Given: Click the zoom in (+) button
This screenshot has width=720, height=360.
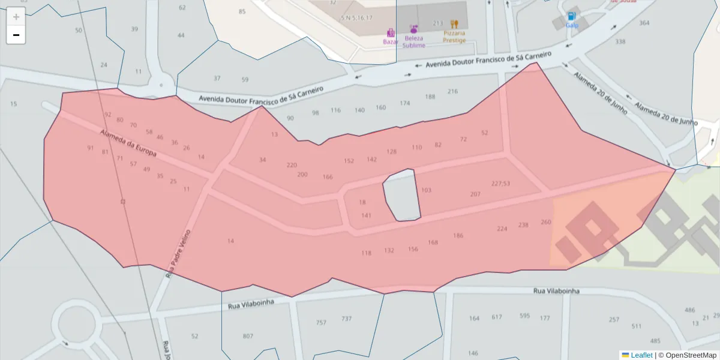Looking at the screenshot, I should tap(16, 17).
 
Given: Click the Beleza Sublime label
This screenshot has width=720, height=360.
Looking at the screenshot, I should tap(413, 41).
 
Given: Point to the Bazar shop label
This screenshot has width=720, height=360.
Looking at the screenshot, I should tap(391, 41).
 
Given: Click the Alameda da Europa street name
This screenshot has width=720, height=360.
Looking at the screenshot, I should tap(128, 144).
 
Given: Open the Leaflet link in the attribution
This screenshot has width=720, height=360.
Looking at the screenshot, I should tap(641, 355).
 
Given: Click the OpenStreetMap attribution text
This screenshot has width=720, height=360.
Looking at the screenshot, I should tap(687, 355).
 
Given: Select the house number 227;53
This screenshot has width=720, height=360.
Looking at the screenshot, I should tap(500, 184).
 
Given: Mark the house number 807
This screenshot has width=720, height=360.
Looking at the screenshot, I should tap(248, 336).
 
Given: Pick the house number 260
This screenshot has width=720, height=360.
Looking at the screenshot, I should tap(545, 222).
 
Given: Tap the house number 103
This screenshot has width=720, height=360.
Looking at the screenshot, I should tap(426, 190).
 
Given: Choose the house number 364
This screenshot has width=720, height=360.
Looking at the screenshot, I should tap(644, 23).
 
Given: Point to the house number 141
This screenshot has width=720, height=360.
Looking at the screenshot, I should tap(366, 215).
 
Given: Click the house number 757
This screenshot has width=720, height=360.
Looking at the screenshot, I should tap(321, 323).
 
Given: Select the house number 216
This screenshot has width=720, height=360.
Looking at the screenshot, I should tap(452, 91).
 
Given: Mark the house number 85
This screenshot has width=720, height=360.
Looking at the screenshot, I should tap(242, 11).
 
